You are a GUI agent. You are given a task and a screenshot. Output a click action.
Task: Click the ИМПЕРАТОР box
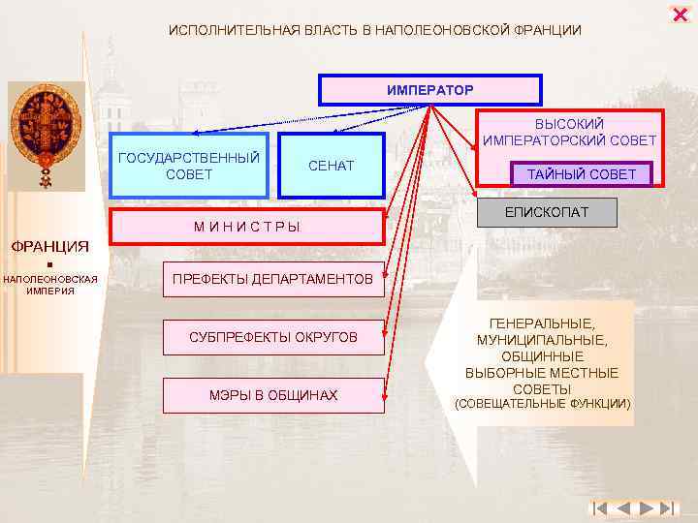point(430,90)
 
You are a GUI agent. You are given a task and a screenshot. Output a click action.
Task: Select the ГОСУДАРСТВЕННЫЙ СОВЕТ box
point(188,166)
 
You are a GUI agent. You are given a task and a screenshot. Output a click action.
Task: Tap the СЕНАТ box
point(332,167)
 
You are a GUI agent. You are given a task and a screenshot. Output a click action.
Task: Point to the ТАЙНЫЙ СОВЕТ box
point(582,174)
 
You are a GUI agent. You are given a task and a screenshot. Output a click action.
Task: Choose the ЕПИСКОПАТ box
point(546,212)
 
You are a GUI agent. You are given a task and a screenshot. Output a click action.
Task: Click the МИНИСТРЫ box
point(246,227)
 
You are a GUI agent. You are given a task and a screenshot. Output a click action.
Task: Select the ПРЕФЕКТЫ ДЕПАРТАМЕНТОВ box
point(272,280)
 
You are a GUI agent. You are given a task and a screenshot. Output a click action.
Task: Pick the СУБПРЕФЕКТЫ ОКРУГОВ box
point(272,337)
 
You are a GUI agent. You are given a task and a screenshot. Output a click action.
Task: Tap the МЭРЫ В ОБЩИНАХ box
point(272,395)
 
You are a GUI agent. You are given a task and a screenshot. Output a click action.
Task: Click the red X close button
point(679,15)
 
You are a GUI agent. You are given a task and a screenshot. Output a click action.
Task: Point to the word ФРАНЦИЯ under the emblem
point(49,245)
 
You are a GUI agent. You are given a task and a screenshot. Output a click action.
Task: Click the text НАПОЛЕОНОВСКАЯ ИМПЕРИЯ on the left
point(49,285)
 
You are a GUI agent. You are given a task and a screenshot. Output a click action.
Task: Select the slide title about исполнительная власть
point(375,31)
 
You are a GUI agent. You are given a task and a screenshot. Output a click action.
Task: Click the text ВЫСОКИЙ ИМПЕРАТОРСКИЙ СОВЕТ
point(570,133)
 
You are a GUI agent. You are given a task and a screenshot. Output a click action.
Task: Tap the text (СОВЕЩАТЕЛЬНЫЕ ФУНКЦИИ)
point(543,403)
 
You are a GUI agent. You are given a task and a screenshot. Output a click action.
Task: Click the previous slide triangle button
point(622,508)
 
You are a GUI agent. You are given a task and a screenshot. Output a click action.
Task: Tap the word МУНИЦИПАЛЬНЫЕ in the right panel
point(542,341)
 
